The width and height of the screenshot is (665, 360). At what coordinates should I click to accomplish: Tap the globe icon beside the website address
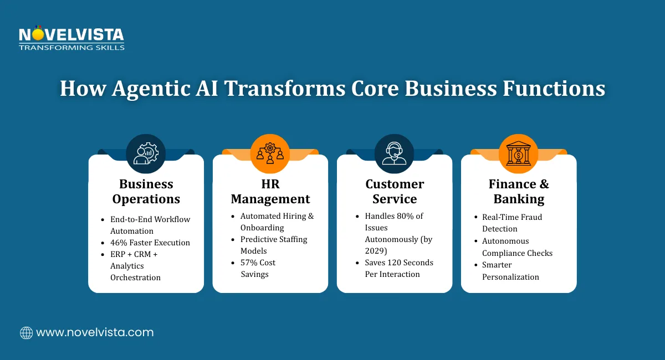click(26, 333)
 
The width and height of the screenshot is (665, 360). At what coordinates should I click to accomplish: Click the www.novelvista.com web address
click(94, 333)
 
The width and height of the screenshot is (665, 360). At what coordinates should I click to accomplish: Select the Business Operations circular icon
click(146, 153)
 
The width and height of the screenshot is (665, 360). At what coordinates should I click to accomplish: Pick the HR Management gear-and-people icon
click(270, 153)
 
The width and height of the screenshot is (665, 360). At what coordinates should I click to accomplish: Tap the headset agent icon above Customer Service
click(394, 153)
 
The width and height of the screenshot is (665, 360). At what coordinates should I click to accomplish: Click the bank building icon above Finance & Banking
click(519, 153)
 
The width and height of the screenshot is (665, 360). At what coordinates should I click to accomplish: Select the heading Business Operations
click(146, 191)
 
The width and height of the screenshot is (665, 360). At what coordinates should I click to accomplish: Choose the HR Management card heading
click(270, 191)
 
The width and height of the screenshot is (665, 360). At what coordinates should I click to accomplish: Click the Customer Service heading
click(394, 191)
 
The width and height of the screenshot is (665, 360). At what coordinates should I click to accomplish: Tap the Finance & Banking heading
click(519, 191)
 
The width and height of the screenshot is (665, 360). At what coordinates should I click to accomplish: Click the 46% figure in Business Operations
click(120, 243)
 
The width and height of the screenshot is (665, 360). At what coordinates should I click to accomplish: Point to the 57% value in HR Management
click(250, 263)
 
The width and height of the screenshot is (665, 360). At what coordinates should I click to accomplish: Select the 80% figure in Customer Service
click(407, 216)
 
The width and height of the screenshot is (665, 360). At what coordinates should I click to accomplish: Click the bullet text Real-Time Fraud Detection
click(511, 223)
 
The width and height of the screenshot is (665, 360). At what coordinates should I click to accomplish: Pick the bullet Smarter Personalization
click(510, 271)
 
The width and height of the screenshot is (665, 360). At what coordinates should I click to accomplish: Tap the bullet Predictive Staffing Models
click(274, 245)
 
